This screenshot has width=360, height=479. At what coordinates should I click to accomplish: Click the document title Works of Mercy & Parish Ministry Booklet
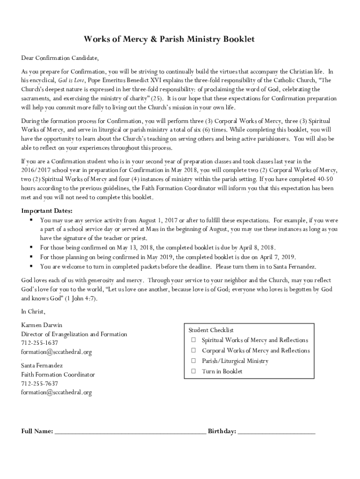(169, 39)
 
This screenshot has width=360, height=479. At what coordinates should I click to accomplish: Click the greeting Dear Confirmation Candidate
(60, 58)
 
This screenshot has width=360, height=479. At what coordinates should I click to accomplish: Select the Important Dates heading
(47, 210)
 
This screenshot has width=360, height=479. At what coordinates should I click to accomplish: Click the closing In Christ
(33, 311)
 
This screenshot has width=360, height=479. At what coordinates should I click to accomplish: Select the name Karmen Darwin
(42, 325)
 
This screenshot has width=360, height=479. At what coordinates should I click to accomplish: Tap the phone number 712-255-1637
(40, 343)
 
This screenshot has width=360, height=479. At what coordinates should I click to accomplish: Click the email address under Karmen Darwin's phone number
(56, 352)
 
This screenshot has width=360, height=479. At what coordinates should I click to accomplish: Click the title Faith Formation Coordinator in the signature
(58, 375)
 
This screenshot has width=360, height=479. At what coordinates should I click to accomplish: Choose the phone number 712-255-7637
(40, 384)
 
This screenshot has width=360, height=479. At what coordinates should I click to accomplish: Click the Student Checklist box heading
(210, 330)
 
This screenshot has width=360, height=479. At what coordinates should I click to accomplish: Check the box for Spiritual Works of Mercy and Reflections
(193, 340)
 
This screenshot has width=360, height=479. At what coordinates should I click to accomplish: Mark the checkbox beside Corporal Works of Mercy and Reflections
(193, 350)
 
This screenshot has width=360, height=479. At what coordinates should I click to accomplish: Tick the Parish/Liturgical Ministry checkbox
(193, 361)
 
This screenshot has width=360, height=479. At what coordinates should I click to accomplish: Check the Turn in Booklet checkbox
(193, 371)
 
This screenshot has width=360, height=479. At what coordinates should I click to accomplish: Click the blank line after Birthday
(277, 432)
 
